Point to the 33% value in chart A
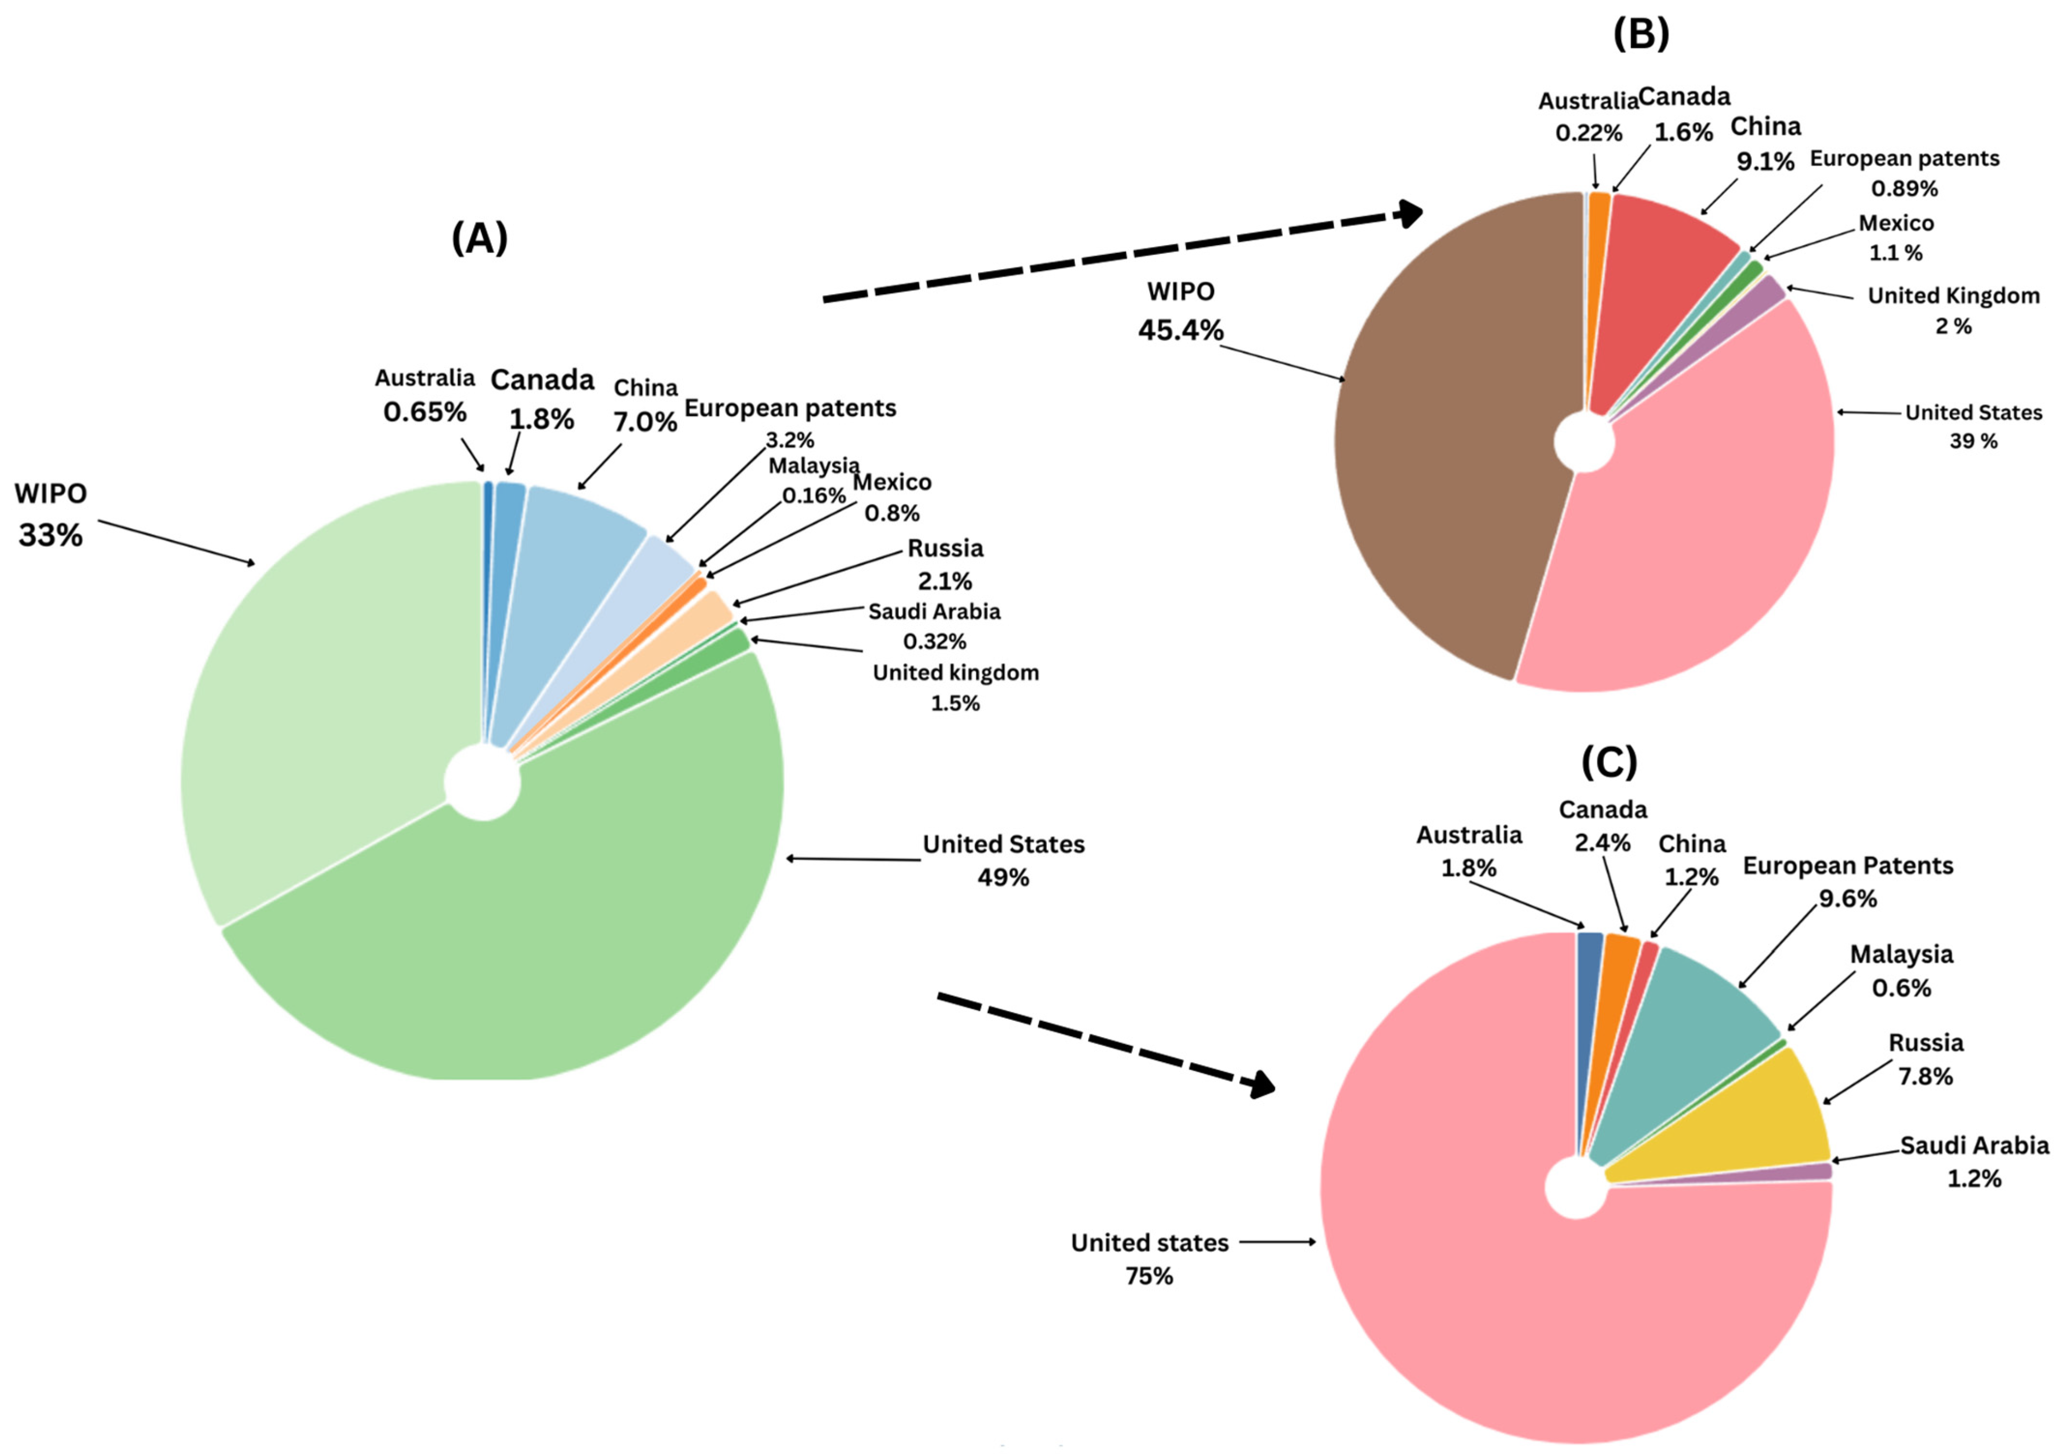50,535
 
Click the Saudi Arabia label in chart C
1974,1146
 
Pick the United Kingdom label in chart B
1953,296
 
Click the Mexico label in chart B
1896,223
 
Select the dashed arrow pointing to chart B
1122,256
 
